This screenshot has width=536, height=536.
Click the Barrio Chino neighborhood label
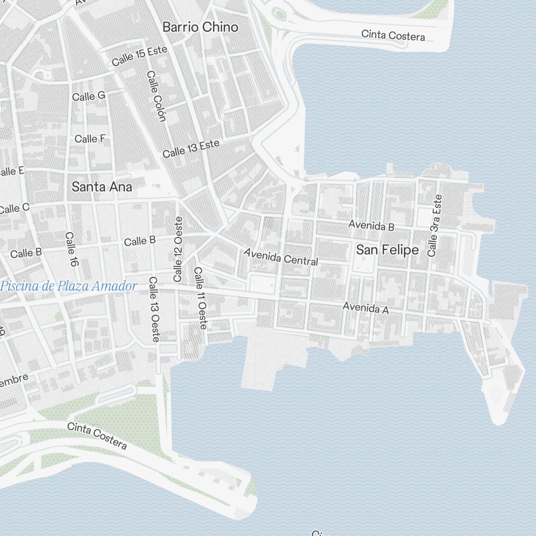[200, 27]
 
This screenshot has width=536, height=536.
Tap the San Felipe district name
[387, 250]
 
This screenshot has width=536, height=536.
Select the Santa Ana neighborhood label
[102, 187]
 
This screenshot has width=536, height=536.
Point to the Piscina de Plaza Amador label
[69, 286]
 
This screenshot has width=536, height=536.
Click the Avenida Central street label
[281, 257]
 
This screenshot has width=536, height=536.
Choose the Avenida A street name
[366, 308]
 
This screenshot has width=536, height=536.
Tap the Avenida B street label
[371, 226]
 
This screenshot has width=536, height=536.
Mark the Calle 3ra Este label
[435, 225]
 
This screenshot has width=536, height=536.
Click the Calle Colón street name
[156, 96]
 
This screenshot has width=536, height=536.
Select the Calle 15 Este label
[139, 56]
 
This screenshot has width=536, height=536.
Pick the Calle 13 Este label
[191, 148]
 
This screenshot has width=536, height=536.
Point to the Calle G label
[89, 96]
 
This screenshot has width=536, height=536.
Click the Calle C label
[14, 209]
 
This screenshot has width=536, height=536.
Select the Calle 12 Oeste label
[178, 249]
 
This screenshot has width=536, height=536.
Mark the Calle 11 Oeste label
[200, 298]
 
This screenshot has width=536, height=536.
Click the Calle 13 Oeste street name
[154, 309]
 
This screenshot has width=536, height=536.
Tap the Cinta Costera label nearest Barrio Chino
[393, 35]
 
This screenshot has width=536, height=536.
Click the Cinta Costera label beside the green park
[97, 436]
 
